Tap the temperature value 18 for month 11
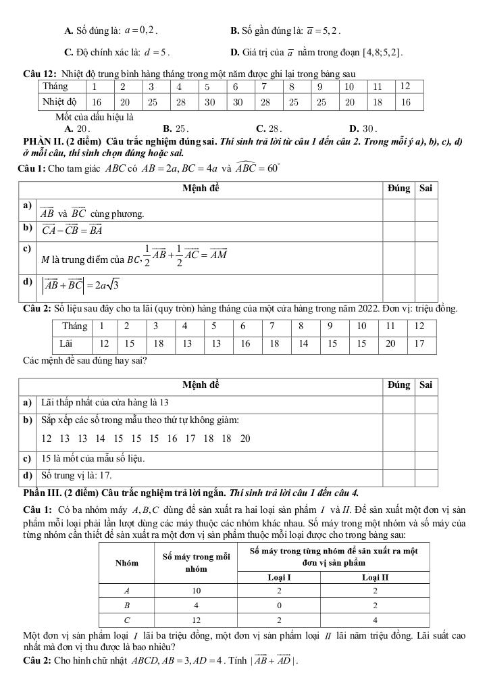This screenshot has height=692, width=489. coord(378,102)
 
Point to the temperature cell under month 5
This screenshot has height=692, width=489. coord(210,102)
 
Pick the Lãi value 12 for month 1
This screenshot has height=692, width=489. coord(105,343)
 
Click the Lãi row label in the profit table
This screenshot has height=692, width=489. coord(66,343)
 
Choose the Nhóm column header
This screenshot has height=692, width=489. coord(126,562)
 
